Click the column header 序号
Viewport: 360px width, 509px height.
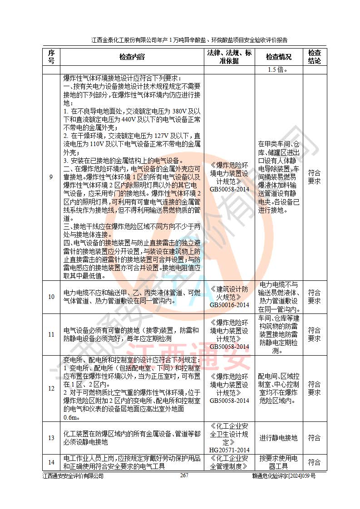(x=51, y=57)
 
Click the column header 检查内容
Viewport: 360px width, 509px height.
(x=132, y=57)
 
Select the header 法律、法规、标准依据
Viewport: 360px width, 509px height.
(x=229, y=57)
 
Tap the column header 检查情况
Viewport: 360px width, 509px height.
(x=278, y=57)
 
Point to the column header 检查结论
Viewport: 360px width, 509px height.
(x=314, y=57)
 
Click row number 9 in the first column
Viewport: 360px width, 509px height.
(x=51, y=176)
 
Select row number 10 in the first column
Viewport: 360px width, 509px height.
(x=51, y=297)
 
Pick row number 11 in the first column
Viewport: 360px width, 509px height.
(x=51, y=334)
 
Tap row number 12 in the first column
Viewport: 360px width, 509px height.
(x=51, y=388)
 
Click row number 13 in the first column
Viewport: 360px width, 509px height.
(x=51, y=438)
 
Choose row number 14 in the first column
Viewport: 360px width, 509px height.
(x=51, y=462)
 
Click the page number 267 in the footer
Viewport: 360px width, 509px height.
(x=184, y=475)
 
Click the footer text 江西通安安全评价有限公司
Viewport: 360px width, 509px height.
(x=73, y=476)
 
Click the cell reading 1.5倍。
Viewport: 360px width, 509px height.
(x=278, y=70)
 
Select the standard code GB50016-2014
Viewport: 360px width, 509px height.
(x=229, y=305)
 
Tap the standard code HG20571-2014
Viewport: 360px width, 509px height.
(x=229, y=450)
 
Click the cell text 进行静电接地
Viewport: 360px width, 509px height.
(x=278, y=438)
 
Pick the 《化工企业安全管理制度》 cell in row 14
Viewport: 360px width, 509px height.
(x=229, y=462)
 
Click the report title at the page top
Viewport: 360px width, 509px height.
(x=189, y=40)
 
